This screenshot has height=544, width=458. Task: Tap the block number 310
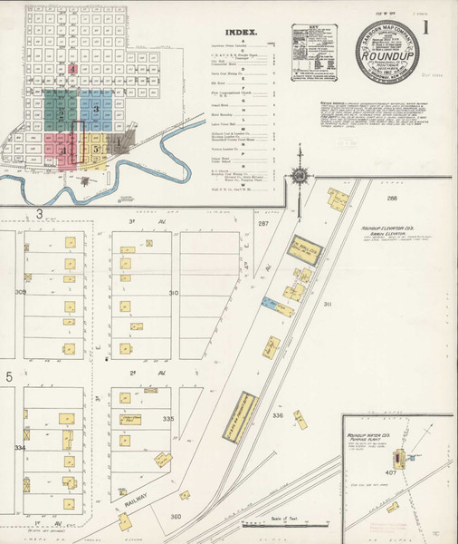point(173,293)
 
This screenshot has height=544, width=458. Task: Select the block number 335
point(167,420)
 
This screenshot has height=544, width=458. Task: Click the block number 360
point(177,516)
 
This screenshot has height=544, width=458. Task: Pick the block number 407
point(392,471)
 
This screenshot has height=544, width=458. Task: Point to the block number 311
point(327,306)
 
